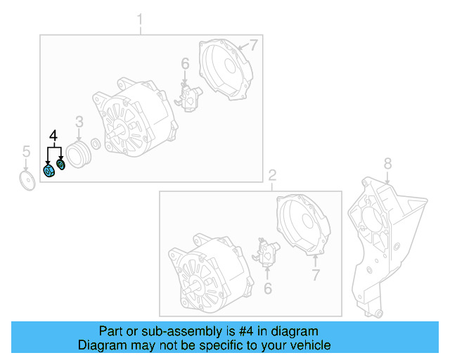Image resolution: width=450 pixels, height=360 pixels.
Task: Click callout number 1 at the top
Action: point(139,18)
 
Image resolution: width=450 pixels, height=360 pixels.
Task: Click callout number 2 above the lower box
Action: point(273,174)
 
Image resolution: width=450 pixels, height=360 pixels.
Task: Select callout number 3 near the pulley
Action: point(79,122)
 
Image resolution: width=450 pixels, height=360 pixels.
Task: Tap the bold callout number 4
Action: point(53,135)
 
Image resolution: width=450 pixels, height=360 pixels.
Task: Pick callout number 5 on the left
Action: point(26,150)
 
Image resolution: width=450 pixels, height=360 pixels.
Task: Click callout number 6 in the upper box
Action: point(185,64)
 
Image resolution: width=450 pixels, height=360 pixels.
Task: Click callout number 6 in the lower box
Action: point(267,288)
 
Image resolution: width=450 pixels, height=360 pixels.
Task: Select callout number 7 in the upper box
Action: point(254,45)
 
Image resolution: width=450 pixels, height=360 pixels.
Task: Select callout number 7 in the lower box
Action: point(316,274)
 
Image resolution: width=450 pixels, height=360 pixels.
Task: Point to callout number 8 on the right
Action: point(387,164)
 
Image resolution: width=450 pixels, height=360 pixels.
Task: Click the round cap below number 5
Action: point(27,180)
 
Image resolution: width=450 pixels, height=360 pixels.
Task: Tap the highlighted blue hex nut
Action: point(49,171)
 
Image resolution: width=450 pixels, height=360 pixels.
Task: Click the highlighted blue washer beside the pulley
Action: point(60,165)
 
